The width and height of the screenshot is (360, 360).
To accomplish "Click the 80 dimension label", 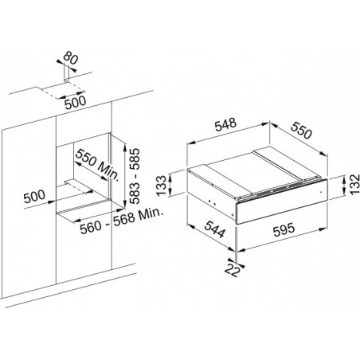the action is click(71, 58).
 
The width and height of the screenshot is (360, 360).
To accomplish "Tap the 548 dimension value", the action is click(225, 124).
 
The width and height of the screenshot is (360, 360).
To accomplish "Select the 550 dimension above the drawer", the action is click(301, 131).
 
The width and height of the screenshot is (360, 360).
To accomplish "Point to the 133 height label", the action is click(162, 186).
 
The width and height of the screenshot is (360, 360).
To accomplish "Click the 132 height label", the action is click(354, 185).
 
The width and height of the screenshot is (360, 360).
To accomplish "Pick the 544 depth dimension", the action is click(215, 229).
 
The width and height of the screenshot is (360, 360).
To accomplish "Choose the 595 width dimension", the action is click(284, 229).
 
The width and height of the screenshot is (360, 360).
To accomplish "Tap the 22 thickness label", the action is click(233, 270).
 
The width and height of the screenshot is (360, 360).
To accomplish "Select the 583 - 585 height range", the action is click(135, 176).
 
